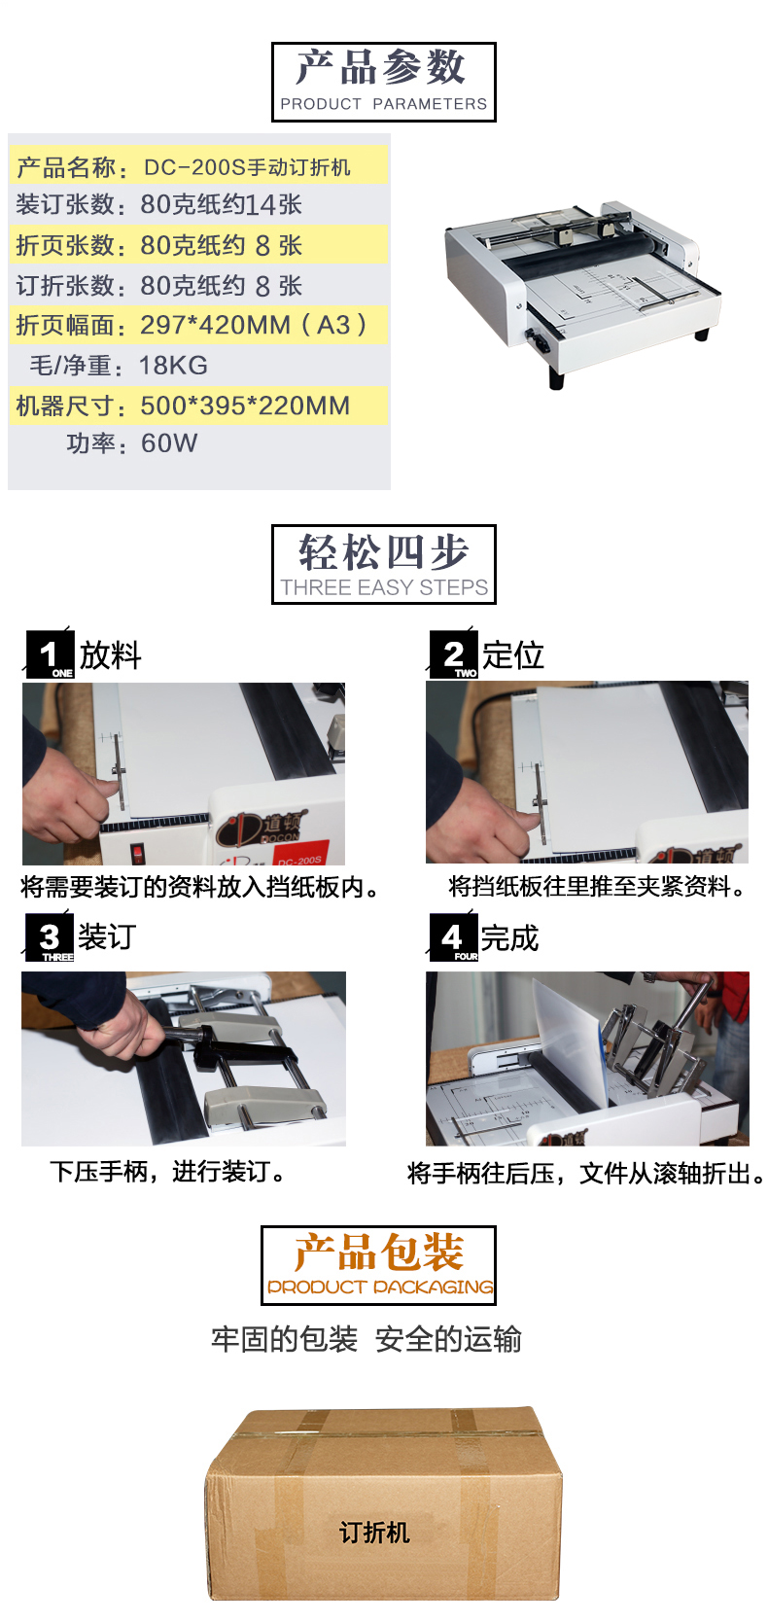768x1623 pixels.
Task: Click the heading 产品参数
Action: tap(380, 67)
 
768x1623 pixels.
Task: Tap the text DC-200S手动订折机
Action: tap(247, 167)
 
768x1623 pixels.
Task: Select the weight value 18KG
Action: tap(173, 366)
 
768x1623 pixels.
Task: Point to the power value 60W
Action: tap(169, 442)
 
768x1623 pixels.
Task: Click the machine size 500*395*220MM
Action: tap(245, 406)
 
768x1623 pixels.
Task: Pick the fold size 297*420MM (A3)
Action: tap(255, 325)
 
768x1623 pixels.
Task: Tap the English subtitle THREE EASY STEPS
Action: tap(384, 587)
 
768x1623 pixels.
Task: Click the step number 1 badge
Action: tap(50, 654)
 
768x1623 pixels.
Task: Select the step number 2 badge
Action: tap(454, 654)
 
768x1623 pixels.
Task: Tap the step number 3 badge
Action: tap(50, 937)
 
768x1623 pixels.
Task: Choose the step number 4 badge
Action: tap(454, 937)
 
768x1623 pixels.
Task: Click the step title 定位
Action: tap(513, 655)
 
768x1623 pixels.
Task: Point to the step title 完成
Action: tap(510, 938)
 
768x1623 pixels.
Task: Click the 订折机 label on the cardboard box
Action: tap(374, 1533)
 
